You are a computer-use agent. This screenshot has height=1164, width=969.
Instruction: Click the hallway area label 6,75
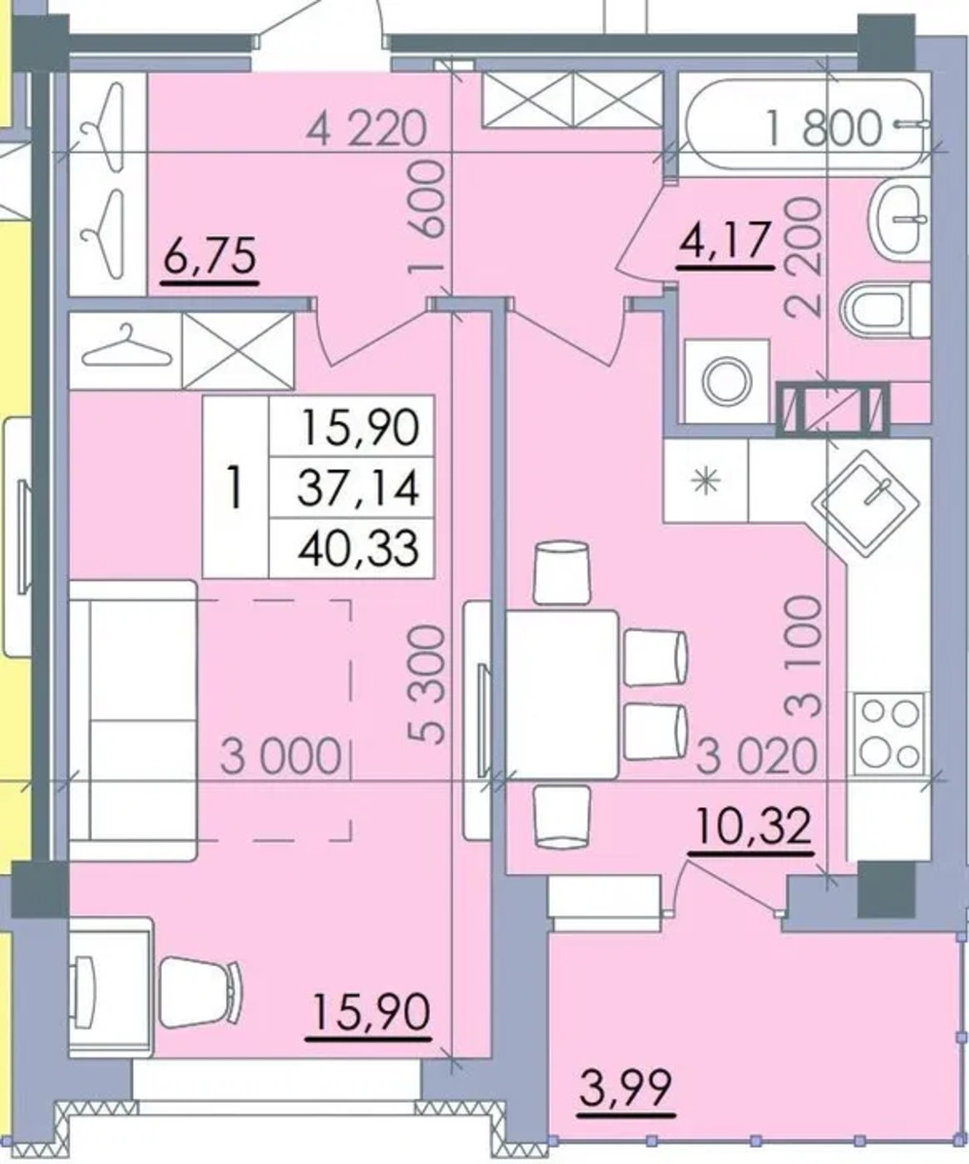tap(210, 255)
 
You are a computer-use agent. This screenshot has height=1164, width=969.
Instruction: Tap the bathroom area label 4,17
tap(726, 241)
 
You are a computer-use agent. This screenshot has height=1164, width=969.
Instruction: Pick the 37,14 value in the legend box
tap(358, 487)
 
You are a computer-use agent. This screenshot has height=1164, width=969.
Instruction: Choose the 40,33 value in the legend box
tap(358, 547)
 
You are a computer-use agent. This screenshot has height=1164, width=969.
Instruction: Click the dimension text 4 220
tap(367, 129)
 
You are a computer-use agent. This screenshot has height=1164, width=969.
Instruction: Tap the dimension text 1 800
tap(824, 128)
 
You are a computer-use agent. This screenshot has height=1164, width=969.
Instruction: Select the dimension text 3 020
tap(757, 756)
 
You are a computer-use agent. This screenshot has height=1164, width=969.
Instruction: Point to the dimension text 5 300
tap(428, 684)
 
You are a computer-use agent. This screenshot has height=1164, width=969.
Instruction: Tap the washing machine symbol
tap(727, 381)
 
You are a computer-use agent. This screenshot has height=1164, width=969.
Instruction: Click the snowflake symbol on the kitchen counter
tap(706, 481)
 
